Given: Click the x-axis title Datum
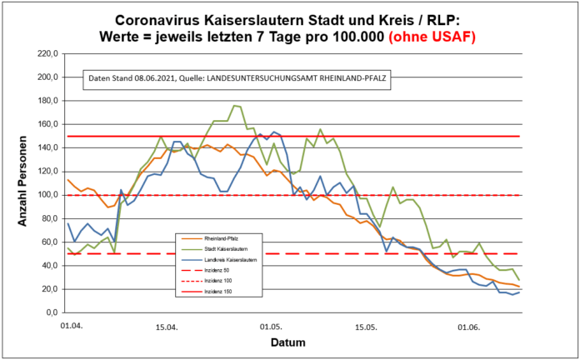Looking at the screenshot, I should tap(287, 342).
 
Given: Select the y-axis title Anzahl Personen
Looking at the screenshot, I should tap(20, 183).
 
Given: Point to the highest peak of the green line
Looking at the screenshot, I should tap(234, 106).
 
